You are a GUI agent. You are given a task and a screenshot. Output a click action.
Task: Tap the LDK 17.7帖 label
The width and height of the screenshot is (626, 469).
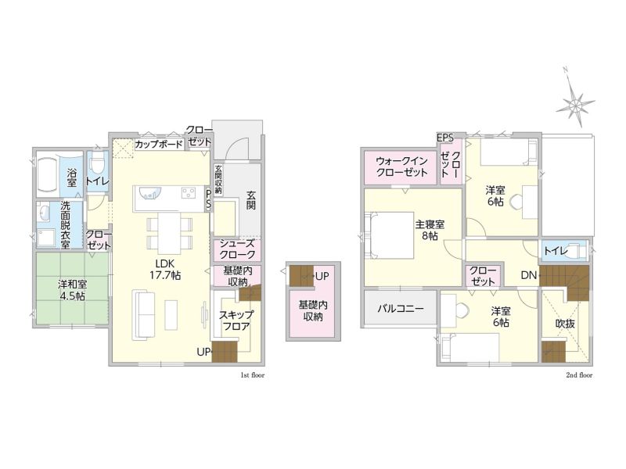click(165, 269)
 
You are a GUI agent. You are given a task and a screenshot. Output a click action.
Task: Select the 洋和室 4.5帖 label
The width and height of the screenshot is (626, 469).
click(72, 290)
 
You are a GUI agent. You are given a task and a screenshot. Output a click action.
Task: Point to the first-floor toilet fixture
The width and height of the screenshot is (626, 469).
click(96, 165)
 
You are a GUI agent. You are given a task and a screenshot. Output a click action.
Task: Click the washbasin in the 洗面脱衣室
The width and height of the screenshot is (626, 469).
click(43, 212)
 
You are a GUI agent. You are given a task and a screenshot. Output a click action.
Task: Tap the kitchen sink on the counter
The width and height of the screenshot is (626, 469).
click(149, 193)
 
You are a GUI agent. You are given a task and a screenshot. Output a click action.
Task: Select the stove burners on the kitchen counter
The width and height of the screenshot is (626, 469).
click(189, 193)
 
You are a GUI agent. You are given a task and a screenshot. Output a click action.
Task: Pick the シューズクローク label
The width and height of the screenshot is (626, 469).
click(237, 249)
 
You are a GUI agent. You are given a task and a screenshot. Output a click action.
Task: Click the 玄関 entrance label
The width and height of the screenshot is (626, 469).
click(250, 201)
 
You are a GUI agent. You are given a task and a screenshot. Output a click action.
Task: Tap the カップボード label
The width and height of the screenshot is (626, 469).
click(159, 144)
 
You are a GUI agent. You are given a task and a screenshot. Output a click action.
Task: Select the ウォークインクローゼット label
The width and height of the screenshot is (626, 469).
click(401, 166)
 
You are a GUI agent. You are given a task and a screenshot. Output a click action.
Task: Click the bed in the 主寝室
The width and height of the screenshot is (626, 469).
click(389, 235)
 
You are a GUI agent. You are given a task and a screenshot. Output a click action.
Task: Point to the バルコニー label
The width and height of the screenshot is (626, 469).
click(401, 308)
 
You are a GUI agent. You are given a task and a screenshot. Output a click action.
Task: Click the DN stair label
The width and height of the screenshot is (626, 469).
click(528, 275)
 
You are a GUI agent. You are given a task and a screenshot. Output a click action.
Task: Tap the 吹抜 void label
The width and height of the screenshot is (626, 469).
click(565, 324)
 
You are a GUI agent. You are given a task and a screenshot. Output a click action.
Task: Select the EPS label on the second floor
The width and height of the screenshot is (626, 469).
click(444, 138)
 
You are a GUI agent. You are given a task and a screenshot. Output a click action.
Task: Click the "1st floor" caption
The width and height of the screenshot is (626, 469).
click(252, 375)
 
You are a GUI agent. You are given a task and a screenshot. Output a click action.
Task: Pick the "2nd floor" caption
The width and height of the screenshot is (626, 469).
click(579, 375)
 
